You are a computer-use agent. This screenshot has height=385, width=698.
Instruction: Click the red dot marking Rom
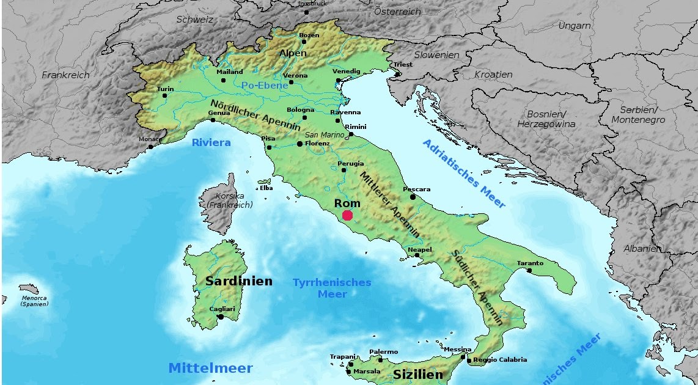[347, 215]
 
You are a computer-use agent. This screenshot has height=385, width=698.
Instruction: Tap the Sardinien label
[239, 282]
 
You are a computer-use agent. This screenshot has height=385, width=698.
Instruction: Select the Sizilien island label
[417, 375]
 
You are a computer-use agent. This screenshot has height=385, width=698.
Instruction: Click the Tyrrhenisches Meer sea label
[332, 288]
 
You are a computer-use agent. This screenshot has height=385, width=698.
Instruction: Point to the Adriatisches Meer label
[465, 174]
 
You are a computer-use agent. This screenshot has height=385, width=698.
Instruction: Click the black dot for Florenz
[299, 144]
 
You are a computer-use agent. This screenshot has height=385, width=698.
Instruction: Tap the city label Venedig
[347, 71]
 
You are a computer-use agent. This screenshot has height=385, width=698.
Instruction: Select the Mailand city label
[230, 71]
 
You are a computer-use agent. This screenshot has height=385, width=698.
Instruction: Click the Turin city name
[166, 89]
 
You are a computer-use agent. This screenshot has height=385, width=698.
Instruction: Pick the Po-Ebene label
[265, 86]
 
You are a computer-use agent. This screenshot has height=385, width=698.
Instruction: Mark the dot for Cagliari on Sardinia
[220, 317]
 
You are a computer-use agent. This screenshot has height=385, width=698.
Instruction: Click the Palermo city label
[384, 351]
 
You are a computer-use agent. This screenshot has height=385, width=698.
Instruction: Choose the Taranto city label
[530, 263]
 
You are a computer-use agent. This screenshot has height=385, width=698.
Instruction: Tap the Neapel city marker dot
[417, 255]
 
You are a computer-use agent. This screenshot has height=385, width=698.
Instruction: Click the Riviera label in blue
[211, 143]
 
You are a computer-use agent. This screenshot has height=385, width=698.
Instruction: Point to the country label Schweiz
[195, 20]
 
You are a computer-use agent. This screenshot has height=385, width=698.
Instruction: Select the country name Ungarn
[575, 26]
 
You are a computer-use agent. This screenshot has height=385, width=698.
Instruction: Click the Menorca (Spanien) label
[34, 300]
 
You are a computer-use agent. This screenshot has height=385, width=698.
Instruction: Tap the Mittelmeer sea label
[210, 369]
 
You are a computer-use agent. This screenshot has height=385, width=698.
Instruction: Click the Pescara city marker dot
[413, 197]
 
